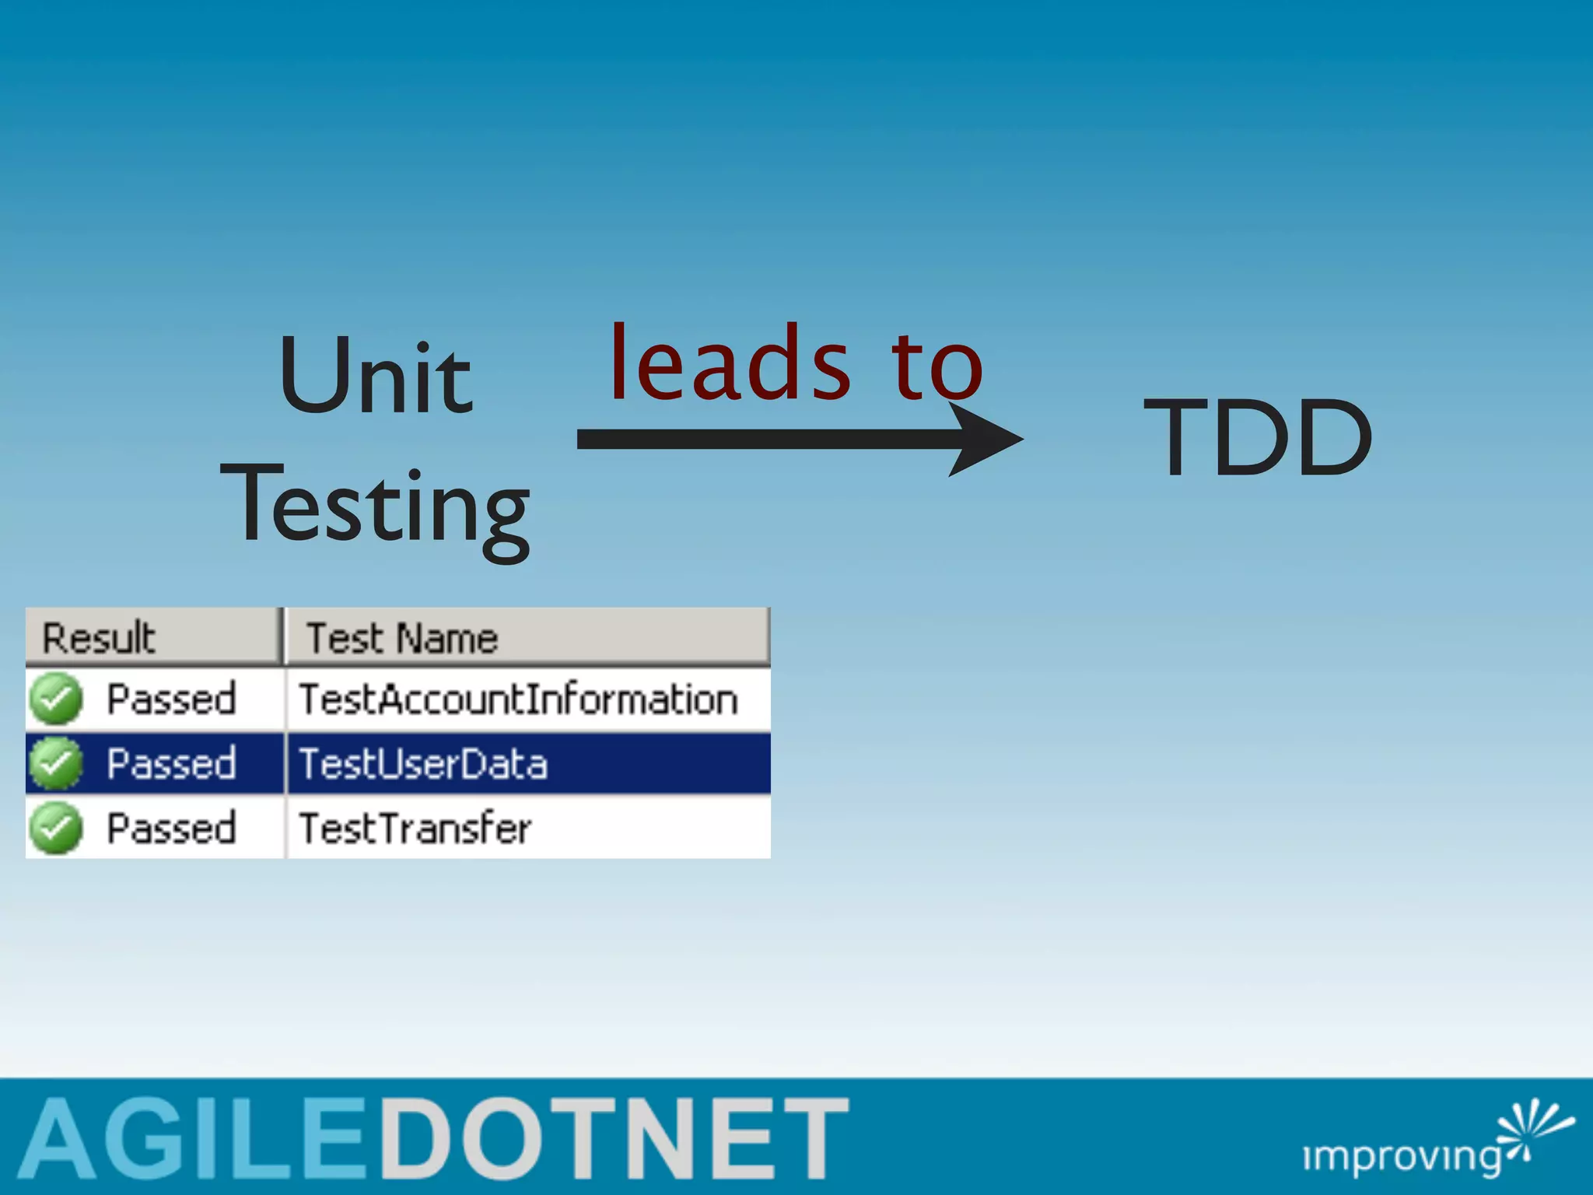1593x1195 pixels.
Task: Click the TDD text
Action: pyautogui.click(x=1258, y=437)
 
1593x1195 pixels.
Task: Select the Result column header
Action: pyautogui.click(x=99, y=638)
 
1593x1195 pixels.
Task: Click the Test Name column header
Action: pyautogui.click(x=402, y=638)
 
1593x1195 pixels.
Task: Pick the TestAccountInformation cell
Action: pyautogui.click(x=518, y=699)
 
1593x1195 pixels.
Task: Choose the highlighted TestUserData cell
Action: pyautogui.click(x=423, y=764)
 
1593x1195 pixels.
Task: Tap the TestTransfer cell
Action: pyautogui.click(x=415, y=829)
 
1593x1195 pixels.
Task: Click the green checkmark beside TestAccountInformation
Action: pyautogui.click(x=56, y=699)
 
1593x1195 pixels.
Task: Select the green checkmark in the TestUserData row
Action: pyautogui.click(x=56, y=764)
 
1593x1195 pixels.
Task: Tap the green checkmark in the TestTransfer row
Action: pyautogui.click(x=56, y=829)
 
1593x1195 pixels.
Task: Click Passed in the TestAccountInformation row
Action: pyautogui.click(x=171, y=699)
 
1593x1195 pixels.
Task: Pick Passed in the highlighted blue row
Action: pyautogui.click(x=171, y=764)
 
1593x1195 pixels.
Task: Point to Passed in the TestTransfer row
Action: pyautogui.click(x=171, y=829)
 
